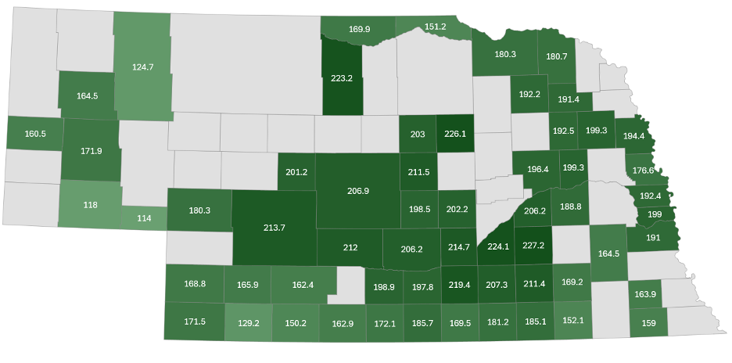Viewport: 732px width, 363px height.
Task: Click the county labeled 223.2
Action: coord(342,78)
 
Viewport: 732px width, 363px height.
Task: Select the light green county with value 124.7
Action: coord(142,67)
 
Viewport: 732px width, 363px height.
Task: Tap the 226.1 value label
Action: coord(454,134)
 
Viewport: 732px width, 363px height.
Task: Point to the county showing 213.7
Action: coord(275,228)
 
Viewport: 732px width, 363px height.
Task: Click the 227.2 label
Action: coord(533,246)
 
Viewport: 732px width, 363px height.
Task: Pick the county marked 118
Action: coord(90,205)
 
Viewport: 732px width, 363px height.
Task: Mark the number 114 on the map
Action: coord(145,218)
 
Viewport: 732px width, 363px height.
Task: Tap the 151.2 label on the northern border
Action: coord(435,27)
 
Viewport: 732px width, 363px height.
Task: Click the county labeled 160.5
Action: coord(35,134)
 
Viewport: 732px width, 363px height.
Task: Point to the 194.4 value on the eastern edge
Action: coord(633,136)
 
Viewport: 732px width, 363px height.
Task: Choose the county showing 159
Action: coord(648,323)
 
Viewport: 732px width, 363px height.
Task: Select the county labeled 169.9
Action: coord(359,29)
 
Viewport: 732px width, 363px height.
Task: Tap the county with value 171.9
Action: coord(91,150)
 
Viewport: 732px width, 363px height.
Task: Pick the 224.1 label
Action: coord(498,246)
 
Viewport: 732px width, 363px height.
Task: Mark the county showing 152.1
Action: coord(572,321)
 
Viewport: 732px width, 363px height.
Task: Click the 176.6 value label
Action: coord(643,171)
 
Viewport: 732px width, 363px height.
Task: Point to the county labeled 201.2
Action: coord(296,172)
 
